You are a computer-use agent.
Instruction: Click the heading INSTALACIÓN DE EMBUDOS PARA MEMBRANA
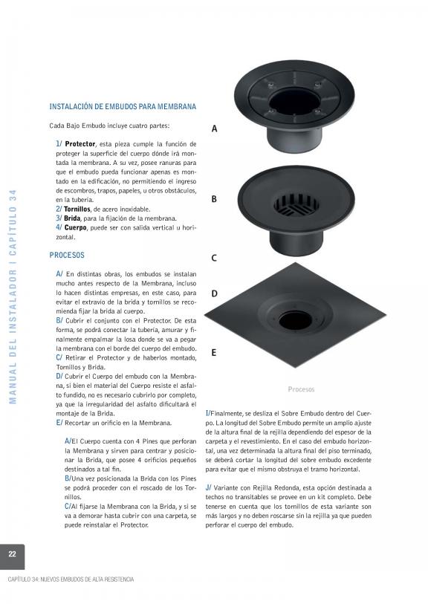(x=123, y=106)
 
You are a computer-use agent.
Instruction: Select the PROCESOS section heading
(x=67, y=255)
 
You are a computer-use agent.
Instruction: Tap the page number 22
(x=13, y=554)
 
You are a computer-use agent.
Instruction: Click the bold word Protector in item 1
(x=80, y=144)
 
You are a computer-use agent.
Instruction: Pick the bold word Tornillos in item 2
(x=77, y=210)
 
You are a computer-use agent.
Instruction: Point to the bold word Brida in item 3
(x=72, y=218)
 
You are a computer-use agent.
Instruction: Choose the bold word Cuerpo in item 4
(x=76, y=227)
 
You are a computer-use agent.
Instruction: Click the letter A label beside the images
(x=214, y=129)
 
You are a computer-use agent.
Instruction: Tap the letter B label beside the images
(x=214, y=199)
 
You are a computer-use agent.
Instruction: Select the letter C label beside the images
(x=214, y=258)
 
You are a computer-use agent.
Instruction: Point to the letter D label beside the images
(x=214, y=293)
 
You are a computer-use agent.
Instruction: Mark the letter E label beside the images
(x=214, y=352)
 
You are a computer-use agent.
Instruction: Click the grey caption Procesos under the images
(x=301, y=389)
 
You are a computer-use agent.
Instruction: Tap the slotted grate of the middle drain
(x=296, y=204)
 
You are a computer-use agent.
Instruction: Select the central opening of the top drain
(x=294, y=101)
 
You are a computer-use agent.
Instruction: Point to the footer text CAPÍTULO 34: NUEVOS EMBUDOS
(x=71, y=579)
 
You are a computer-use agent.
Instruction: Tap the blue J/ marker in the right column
(x=208, y=487)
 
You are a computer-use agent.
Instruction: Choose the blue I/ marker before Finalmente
(x=207, y=413)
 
